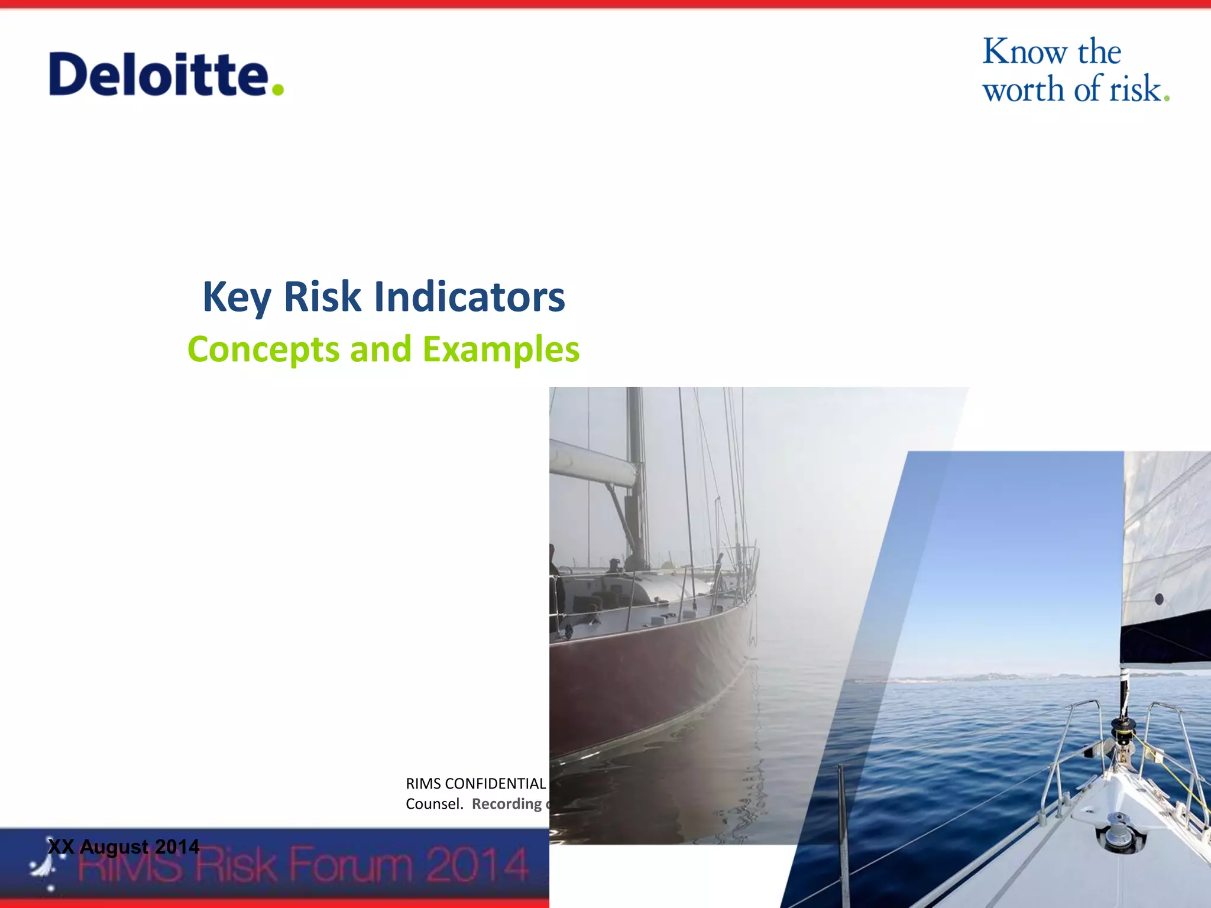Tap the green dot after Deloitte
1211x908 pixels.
click(277, 90)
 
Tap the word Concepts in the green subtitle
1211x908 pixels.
click(263, 349)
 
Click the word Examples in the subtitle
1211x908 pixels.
click(501, 349)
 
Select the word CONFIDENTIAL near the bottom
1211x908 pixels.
click(495, 784)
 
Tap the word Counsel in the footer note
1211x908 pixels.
click(433, 804)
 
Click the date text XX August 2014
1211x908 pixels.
click(124, 847)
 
